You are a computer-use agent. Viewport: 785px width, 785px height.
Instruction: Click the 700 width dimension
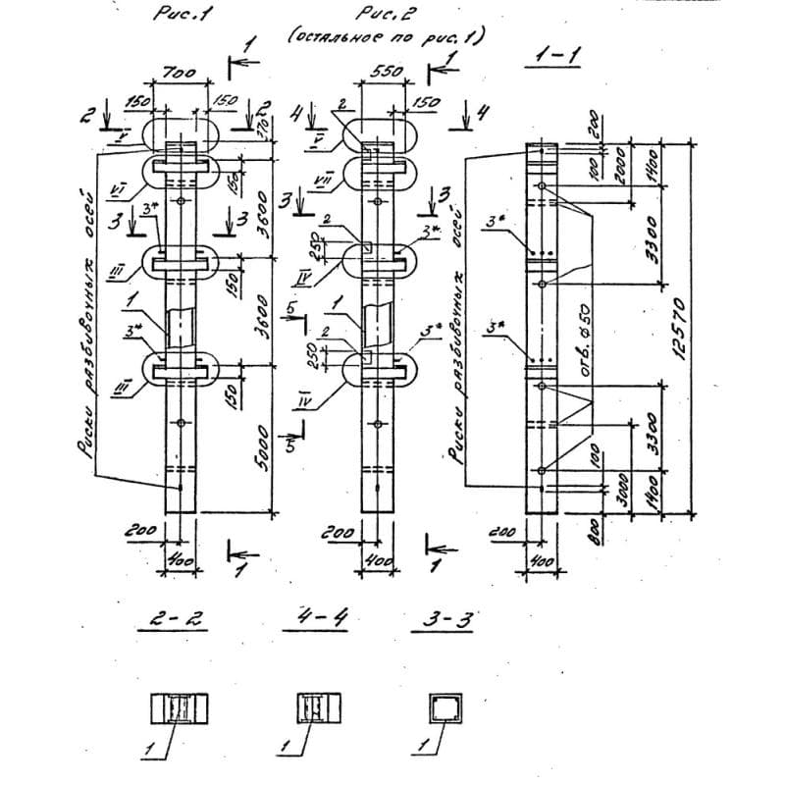pos(181,74)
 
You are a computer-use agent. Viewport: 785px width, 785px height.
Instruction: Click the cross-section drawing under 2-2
pos(180,708)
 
